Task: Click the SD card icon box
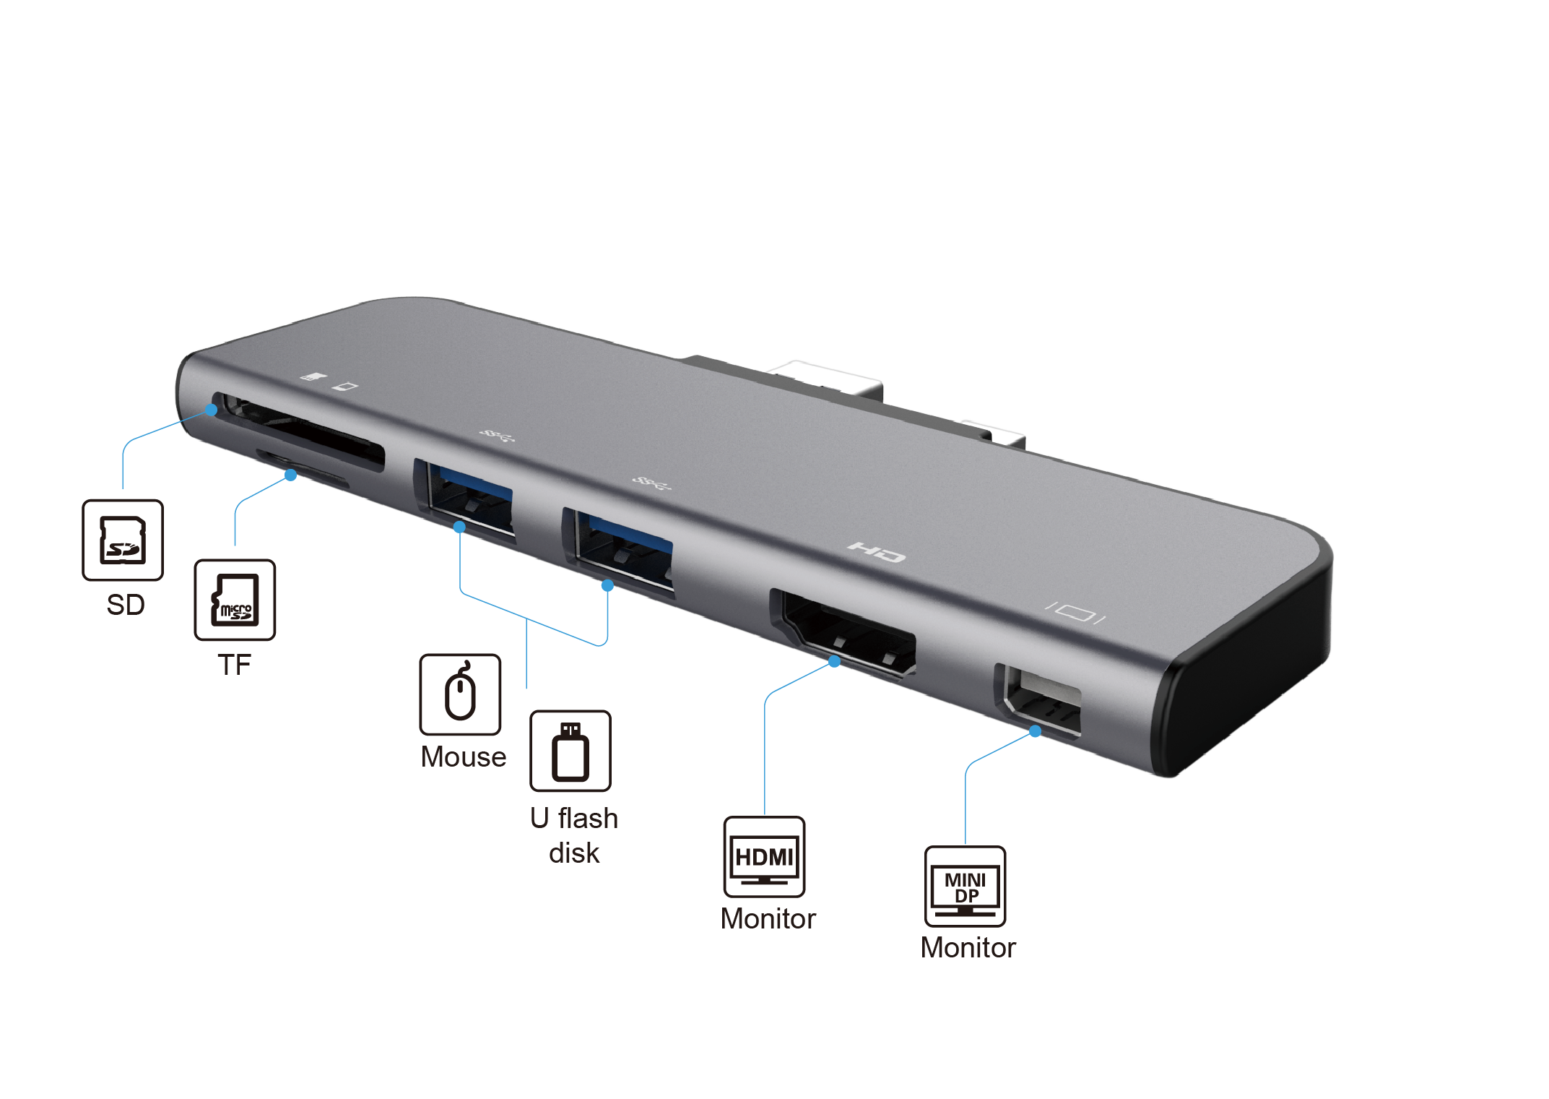pyautogui.click(x=123, y=540)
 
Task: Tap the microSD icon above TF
pyautogui.click(x=235, y=600)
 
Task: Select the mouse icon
pyautogui.click(x=460, y=694)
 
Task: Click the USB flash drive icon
pyautogui.click(x=570, y=751)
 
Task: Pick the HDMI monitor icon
pyautogui.click(x=764, y=857)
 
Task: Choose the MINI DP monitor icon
pyautogui.click(x=965, y=887)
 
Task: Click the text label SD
pyautogui.click(x=126, y=605)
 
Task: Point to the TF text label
pyautogui.click(x=234, y=665)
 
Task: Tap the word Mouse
pyautogui.click(x=464, y=757)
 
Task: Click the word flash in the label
pyautogui.click(x=588, y=819)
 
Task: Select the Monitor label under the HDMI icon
pyautogui.click(x=768, y=919)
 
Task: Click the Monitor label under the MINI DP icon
pyautogui.click(x=968, y=948)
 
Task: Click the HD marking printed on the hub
pyautogui.click(x=877, y=553)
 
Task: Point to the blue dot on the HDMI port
pyautogui.click(x=834, y=661)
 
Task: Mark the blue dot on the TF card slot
pyautogui.click(x=290, y=475)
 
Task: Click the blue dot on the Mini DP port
pyautogui.click(x=1035, y=731)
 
